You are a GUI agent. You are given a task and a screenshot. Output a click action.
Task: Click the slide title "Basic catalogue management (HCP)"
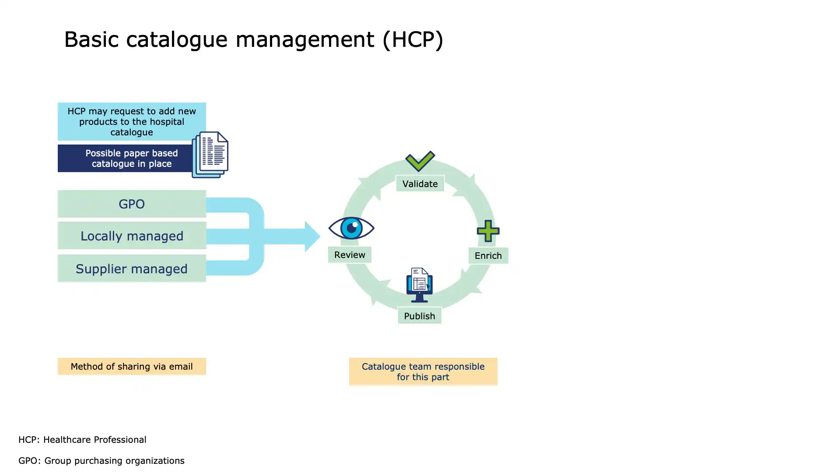[254, 39]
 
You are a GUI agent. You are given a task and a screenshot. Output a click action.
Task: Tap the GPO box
[132, 204]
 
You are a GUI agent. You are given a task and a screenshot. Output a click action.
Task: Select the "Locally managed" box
[132, 236]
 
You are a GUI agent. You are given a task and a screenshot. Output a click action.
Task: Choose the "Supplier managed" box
[132, 268]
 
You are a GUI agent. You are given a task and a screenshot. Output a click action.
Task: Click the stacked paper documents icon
[210, 155]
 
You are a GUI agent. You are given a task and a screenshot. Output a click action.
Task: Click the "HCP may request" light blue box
[132, 121]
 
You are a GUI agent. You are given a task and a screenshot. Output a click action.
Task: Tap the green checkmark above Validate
[420, 161]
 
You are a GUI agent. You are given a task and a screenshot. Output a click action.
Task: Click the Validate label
[420, 184]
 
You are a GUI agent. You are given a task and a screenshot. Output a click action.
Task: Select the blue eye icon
[351, 228]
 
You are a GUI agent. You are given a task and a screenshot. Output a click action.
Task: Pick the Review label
[350, 254]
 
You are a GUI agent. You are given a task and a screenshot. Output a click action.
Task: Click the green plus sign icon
[488, 231]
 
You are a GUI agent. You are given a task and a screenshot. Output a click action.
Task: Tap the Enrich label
[488, 255]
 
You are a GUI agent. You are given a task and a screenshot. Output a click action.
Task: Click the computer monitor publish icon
[420, 285]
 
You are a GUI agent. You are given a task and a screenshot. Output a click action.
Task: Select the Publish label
[420, 316]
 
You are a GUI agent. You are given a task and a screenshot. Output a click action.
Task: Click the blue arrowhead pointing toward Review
[312, 236]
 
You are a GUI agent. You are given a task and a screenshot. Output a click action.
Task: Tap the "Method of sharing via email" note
[132, 367]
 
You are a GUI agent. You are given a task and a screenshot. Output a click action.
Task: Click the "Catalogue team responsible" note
[423, 372]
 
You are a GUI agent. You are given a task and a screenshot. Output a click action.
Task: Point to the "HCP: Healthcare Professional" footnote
[82, 439]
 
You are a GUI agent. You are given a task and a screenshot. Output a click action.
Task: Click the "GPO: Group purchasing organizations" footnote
[101, 461]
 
